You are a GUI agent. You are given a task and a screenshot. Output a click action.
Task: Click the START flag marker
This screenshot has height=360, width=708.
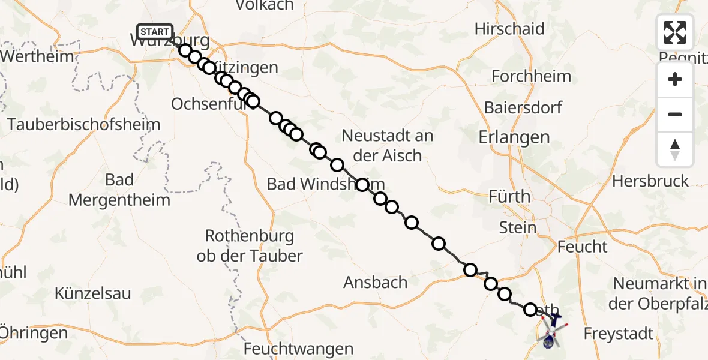(x=155, y=31)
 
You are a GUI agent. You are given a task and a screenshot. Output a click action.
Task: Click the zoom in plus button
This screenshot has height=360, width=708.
(x=675, y=80)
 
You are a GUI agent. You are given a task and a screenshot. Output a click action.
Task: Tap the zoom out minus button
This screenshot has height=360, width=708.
(x=675, y=114)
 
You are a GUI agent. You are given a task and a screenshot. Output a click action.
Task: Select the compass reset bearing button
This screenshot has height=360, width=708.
(x=675, y=149)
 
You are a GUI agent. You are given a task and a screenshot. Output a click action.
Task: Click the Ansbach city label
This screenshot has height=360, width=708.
(x=376, y=282)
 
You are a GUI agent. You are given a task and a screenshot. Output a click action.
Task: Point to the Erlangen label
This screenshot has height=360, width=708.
(x=514, y=137)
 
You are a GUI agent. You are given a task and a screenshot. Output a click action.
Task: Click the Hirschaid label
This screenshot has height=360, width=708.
(x=509, y=29)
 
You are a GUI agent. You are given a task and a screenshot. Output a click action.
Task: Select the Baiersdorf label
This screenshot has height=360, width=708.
(x=523, y=108)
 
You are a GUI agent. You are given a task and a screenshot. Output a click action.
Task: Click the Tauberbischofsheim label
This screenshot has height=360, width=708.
(x=84, y=125)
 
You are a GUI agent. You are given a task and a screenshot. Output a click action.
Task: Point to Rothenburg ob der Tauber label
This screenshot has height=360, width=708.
(x=250, y=245)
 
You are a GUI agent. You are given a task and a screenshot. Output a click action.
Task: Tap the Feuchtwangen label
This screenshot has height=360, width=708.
(x=298, y=349)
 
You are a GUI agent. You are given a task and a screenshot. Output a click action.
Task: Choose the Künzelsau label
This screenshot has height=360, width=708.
(x=93, y=294)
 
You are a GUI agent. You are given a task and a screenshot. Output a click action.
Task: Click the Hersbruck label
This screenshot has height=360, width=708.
(x=650, y=181)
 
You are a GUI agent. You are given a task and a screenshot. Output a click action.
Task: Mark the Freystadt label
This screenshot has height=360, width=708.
(x=618, y=334)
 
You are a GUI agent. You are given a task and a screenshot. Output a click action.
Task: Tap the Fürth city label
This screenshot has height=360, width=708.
(x=510, y=196)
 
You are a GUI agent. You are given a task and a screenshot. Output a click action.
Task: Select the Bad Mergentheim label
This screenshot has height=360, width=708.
(x=119, y=190)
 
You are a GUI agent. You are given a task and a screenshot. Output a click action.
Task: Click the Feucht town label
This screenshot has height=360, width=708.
(x=582, y=247)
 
